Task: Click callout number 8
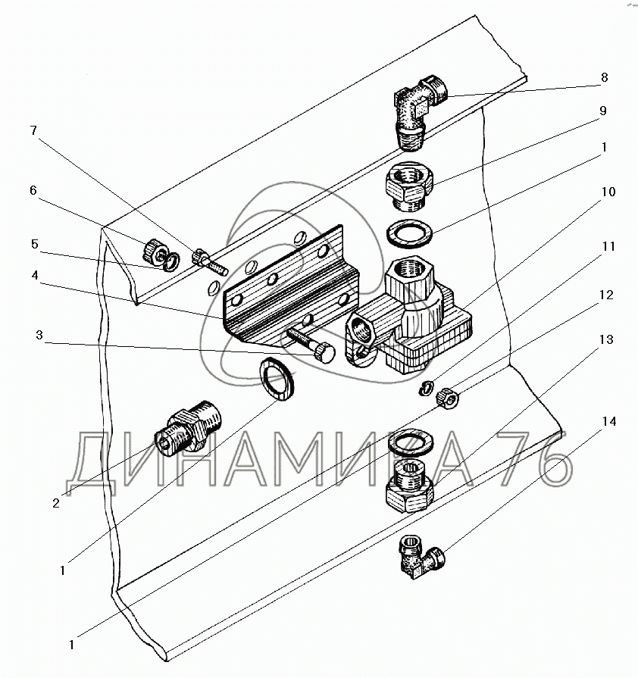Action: tap(604, 77)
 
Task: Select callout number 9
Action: tap(604, 111)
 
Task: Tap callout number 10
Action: tap(604, 192)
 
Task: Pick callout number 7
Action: tap(33, 130)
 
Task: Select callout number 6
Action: tap(33, 190)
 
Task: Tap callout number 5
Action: tap(33, 244)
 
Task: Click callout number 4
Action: tap(33, 276)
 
